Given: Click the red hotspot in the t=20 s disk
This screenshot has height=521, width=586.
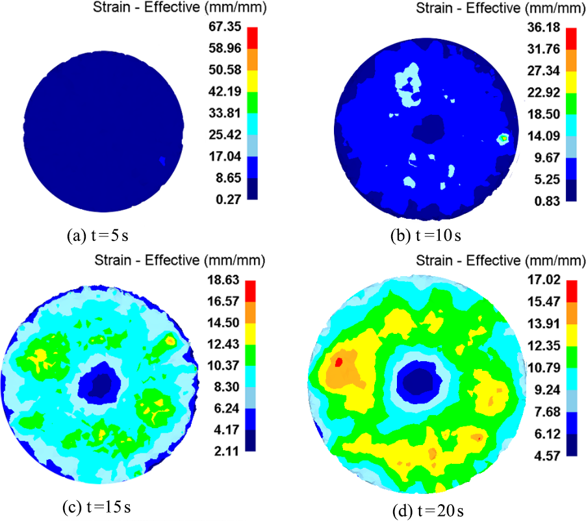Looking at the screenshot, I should point(338,361).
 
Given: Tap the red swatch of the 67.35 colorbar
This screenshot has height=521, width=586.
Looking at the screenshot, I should point(253,38).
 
